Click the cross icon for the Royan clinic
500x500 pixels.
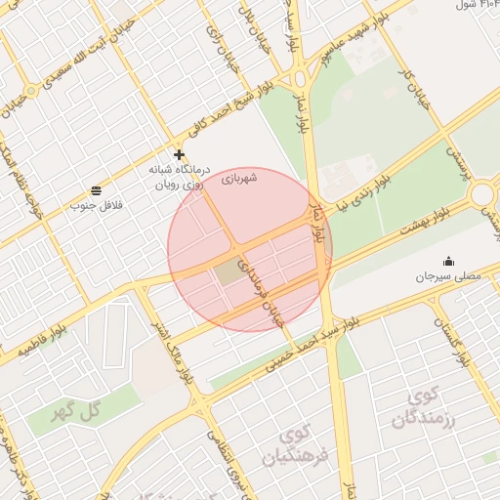[x=179, y=154]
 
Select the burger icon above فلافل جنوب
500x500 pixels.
[x=96, y=189]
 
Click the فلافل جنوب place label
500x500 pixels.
[x=96, y=206]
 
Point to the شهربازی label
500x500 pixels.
[x=238, y=178]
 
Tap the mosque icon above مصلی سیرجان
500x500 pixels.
[x=448, y=261]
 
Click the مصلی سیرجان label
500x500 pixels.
[x=449, y=277]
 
